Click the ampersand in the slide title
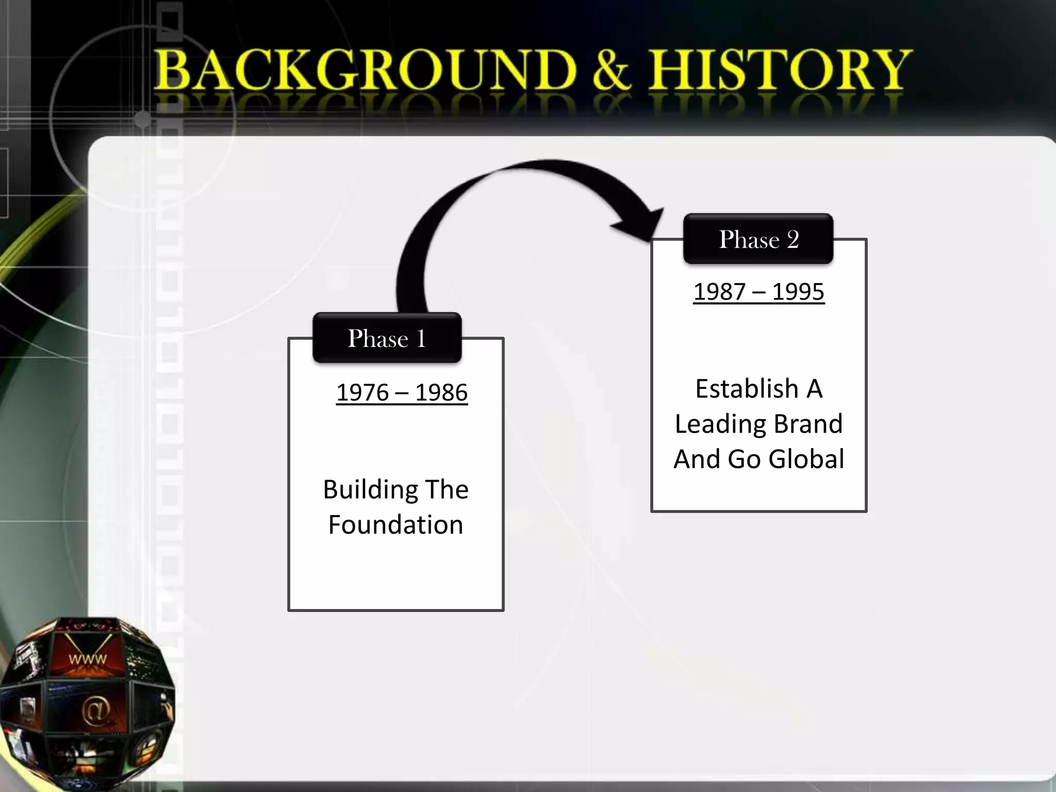(x=612, y=71)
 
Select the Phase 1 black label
(x=387, y=338)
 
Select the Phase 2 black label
(x=758, y=239)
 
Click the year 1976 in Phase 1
(x=362, y=393)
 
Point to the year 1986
(x=441, y=393)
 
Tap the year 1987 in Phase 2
(x=719, y=292)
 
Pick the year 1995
(x=798, y=292)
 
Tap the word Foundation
(x=395, y=525)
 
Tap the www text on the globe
(x=88, y=659)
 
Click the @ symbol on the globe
(x=96, y=710)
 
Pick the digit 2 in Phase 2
(x=793, y=239)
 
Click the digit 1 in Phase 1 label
(x=421, y=338)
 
